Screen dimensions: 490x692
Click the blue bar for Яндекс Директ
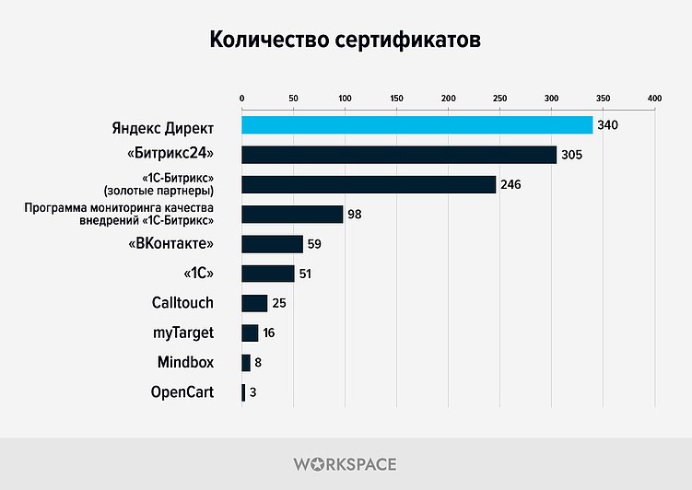(416, 125)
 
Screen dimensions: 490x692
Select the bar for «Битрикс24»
(399, 155)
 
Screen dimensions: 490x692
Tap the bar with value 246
(369, 185)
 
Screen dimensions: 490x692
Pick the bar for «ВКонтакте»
(272, 244)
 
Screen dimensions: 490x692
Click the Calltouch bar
(254, 303)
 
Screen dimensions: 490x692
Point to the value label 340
(607, 125)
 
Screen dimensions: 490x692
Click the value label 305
(571, 155)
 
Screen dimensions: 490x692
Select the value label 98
(355, 215)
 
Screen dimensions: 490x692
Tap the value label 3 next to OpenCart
(252, 392)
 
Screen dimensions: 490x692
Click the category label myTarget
(182, 332)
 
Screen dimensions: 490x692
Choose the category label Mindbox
(185, 363)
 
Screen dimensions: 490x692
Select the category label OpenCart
(182, 392)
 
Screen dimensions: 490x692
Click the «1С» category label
(199, 274)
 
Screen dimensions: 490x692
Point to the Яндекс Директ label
(162, 125)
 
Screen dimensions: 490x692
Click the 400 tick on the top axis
(654, 98)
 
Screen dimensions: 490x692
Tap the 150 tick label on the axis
(396, 98)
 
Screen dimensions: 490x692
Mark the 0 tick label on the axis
(241, 98)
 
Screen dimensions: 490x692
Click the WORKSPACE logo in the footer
(346, 463)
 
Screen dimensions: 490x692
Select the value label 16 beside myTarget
(268, 333)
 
